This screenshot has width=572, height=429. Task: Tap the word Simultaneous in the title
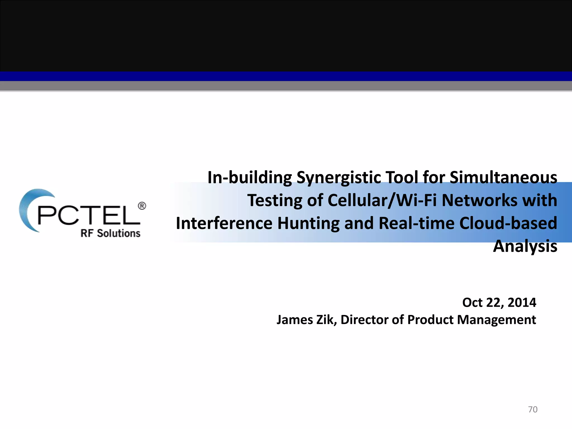(x=503, y=178)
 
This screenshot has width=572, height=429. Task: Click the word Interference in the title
(x=224, y=223)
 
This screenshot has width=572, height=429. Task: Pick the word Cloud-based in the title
(x=508, y=223)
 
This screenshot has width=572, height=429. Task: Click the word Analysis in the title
(x=525, y=246)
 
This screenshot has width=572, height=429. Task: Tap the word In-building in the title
(x=250, y=178)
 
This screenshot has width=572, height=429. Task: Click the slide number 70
(x=533, y=409)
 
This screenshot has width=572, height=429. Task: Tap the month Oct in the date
(x=472, y=302)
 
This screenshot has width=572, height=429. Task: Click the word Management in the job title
(x=496, y=320)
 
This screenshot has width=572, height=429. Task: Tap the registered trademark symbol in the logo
(x=142, y=206)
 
